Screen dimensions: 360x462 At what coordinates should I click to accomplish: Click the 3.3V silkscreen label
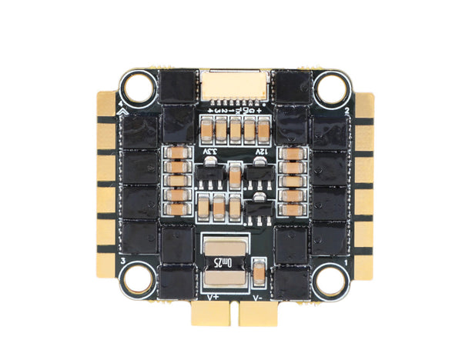(x=209, y=154)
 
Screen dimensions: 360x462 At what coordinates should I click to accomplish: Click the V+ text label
(x=209, y=294)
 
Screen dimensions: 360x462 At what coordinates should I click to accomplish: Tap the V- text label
(x=259, y=294)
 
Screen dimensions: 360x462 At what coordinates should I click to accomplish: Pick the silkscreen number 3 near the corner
(x=122, y=262)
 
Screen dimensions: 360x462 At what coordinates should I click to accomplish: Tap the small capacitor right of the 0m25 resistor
(x=259, y=270)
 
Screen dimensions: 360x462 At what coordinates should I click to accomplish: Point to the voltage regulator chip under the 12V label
(x=259, y=177)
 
